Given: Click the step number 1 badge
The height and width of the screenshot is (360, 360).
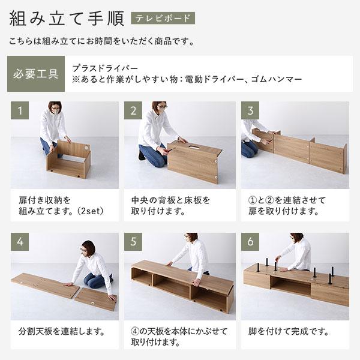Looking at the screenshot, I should coord(20,110).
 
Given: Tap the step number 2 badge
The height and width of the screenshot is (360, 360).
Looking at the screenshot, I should coord(133,110).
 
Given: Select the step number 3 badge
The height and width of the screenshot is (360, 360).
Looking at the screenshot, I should coord(250,110).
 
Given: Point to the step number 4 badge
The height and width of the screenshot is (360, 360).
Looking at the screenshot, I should coord(20,242).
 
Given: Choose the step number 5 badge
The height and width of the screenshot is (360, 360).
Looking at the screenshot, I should coord(133,242).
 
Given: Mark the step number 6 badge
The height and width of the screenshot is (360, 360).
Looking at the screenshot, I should coord(250,242).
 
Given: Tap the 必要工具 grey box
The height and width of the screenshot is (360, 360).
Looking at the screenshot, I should coord(35,74).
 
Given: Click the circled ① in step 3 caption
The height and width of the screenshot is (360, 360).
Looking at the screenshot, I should coord(253,199).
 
